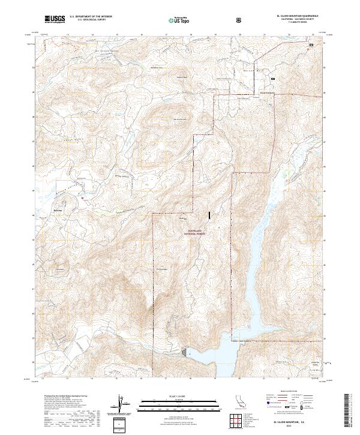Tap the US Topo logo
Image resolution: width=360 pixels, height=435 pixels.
(x=177, y=20)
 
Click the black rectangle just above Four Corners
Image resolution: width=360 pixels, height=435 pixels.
(x=273, y=79)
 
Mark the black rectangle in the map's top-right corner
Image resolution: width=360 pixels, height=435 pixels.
(x=311, y=45)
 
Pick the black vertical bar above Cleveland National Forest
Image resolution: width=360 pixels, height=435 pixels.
(x=209, y=214)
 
